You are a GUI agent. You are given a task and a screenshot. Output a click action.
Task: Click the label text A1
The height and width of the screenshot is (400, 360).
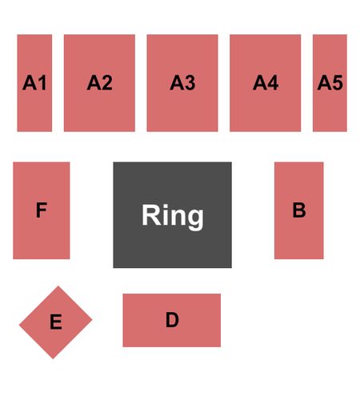34,82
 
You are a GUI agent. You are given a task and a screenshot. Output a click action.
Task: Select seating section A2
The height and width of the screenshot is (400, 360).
99,83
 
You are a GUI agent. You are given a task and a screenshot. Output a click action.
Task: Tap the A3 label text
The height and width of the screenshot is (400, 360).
182,82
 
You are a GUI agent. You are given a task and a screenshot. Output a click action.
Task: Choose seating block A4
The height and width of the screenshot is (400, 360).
266,83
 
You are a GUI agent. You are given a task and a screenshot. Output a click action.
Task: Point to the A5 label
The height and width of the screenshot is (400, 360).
330,82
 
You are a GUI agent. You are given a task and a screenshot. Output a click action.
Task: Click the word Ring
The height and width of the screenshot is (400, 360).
173,216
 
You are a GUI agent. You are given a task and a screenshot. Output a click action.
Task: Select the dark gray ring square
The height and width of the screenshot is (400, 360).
173,214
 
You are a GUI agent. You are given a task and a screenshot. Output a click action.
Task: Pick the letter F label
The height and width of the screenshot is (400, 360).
42,210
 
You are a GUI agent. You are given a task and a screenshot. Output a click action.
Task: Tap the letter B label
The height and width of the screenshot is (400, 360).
299,210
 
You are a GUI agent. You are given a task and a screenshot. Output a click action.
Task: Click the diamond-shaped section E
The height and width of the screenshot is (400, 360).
56,322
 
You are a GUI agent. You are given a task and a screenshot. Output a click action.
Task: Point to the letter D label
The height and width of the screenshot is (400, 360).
172,320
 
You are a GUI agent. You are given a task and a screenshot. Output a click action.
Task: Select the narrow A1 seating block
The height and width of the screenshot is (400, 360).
34,83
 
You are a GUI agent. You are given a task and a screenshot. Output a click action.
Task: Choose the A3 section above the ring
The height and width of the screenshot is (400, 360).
182,83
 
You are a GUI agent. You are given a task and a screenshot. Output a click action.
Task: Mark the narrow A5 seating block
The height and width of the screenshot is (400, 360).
330,83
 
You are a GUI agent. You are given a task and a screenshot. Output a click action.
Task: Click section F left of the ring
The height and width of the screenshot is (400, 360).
42,210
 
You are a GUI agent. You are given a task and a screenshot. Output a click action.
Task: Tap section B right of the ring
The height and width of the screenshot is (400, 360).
299,210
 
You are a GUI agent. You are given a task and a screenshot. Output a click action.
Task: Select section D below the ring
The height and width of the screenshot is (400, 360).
172,320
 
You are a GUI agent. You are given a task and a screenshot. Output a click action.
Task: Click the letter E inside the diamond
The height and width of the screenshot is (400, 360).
56,322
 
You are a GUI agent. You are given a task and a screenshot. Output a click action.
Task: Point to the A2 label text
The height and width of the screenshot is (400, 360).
99,82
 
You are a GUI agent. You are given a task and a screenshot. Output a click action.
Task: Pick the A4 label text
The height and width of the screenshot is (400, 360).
266,82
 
